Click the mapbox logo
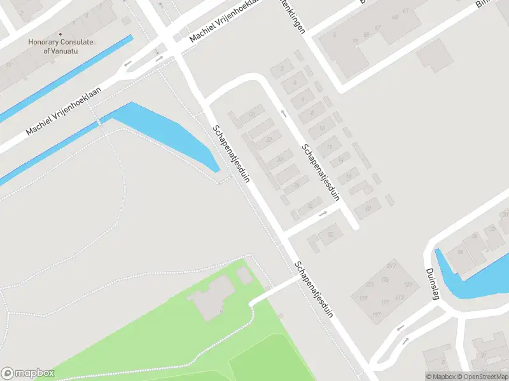click(27, 373)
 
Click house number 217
click(391, 265)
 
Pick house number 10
click(322, 128)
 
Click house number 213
click(399, 297)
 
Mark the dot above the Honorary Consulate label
click(60, 34)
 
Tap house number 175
click(384, 279)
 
